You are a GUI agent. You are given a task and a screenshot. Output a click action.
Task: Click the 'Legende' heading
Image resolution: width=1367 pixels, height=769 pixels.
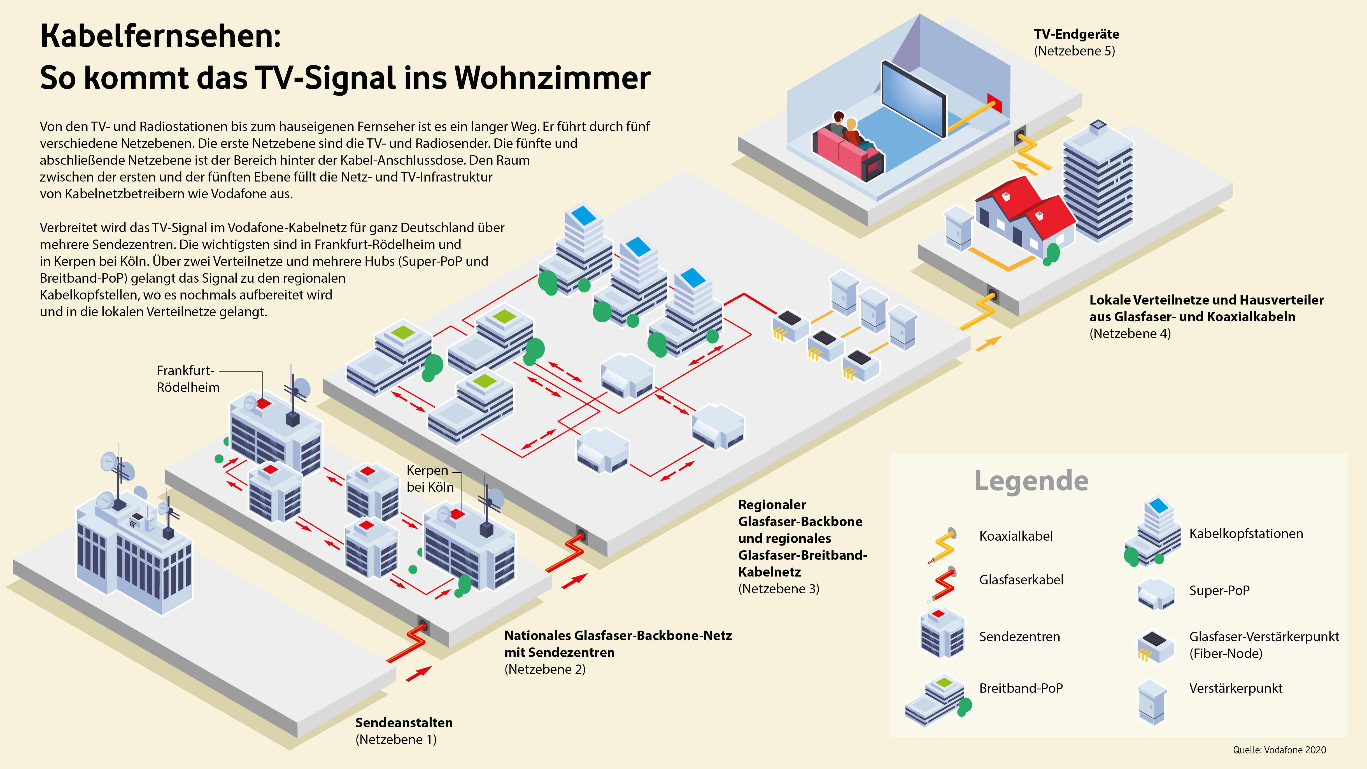tap(1031, 481)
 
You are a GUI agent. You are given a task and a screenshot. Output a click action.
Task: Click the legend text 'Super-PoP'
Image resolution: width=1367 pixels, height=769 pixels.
tap(1219, 590)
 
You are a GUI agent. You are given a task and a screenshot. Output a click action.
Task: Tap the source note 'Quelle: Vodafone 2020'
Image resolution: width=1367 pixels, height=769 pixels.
tap(1279, 750)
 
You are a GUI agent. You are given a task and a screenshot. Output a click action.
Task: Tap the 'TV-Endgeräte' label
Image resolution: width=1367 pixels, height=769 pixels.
tap(1076, 34)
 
